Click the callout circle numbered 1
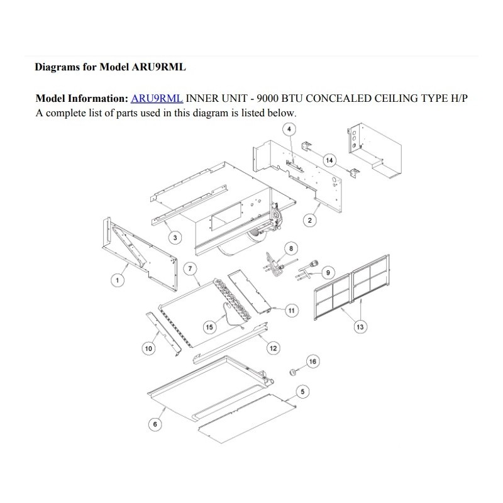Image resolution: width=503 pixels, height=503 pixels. [x=118, y=280]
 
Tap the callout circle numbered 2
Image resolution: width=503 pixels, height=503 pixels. [x=309, y=221]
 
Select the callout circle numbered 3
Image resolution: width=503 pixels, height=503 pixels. [x=175, y=238]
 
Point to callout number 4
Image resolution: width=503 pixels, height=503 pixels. [x=289, y=130]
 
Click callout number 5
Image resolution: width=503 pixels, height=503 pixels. [x=302, y=392]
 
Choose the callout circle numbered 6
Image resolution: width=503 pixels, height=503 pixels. [x=155, y=424]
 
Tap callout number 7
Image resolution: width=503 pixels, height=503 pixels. [x=191, y=268]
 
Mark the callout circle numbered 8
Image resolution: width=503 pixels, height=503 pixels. [x=291, y=248]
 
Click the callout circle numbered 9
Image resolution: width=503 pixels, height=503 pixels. [x=328, y=273]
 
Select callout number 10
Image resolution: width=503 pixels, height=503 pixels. [x=148, y=348]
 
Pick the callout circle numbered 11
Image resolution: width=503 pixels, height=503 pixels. [x=292, y=311]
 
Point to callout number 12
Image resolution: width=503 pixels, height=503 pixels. [x=274, y=348]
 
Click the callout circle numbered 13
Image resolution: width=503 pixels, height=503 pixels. [x=360, y=327]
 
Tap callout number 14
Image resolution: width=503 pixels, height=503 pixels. [x=329, y=160]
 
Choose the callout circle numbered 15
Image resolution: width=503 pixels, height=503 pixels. [x=209, y=327]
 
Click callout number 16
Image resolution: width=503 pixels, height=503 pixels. [x=312, y=362]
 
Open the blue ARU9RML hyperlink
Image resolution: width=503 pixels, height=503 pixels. [x=157, y=98]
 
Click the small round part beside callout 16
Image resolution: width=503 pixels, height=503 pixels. [x=293, y=372]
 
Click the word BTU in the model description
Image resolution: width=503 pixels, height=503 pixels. [x=292, y=98]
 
